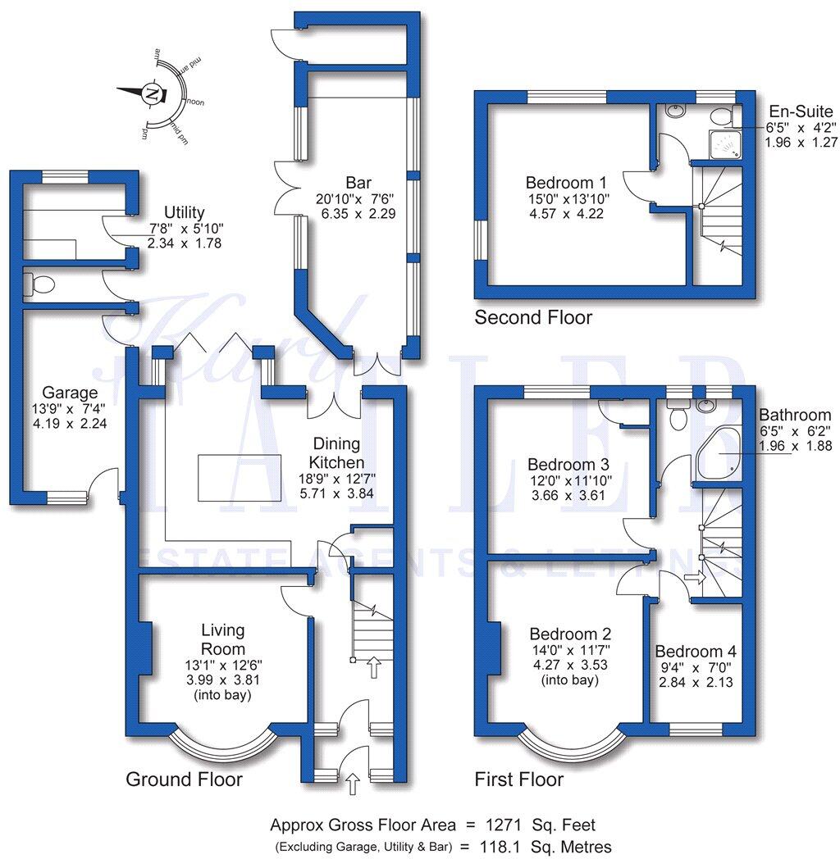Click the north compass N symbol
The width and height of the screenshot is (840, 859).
tap(150, 93)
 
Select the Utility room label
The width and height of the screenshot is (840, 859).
tap(184, 213)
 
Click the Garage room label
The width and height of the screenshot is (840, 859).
tap(70, 393)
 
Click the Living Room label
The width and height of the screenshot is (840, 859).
tap(223, 639)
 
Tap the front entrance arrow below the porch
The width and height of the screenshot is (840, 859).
tap(354, 784)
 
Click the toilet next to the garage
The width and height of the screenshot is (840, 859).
tap(39, 284)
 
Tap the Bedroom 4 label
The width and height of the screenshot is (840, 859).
tap(695, 652)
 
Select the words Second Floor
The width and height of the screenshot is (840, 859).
tap(533, 317)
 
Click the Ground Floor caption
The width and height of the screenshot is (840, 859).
tap(184, 779)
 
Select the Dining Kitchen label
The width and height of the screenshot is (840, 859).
tap(331, 452)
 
